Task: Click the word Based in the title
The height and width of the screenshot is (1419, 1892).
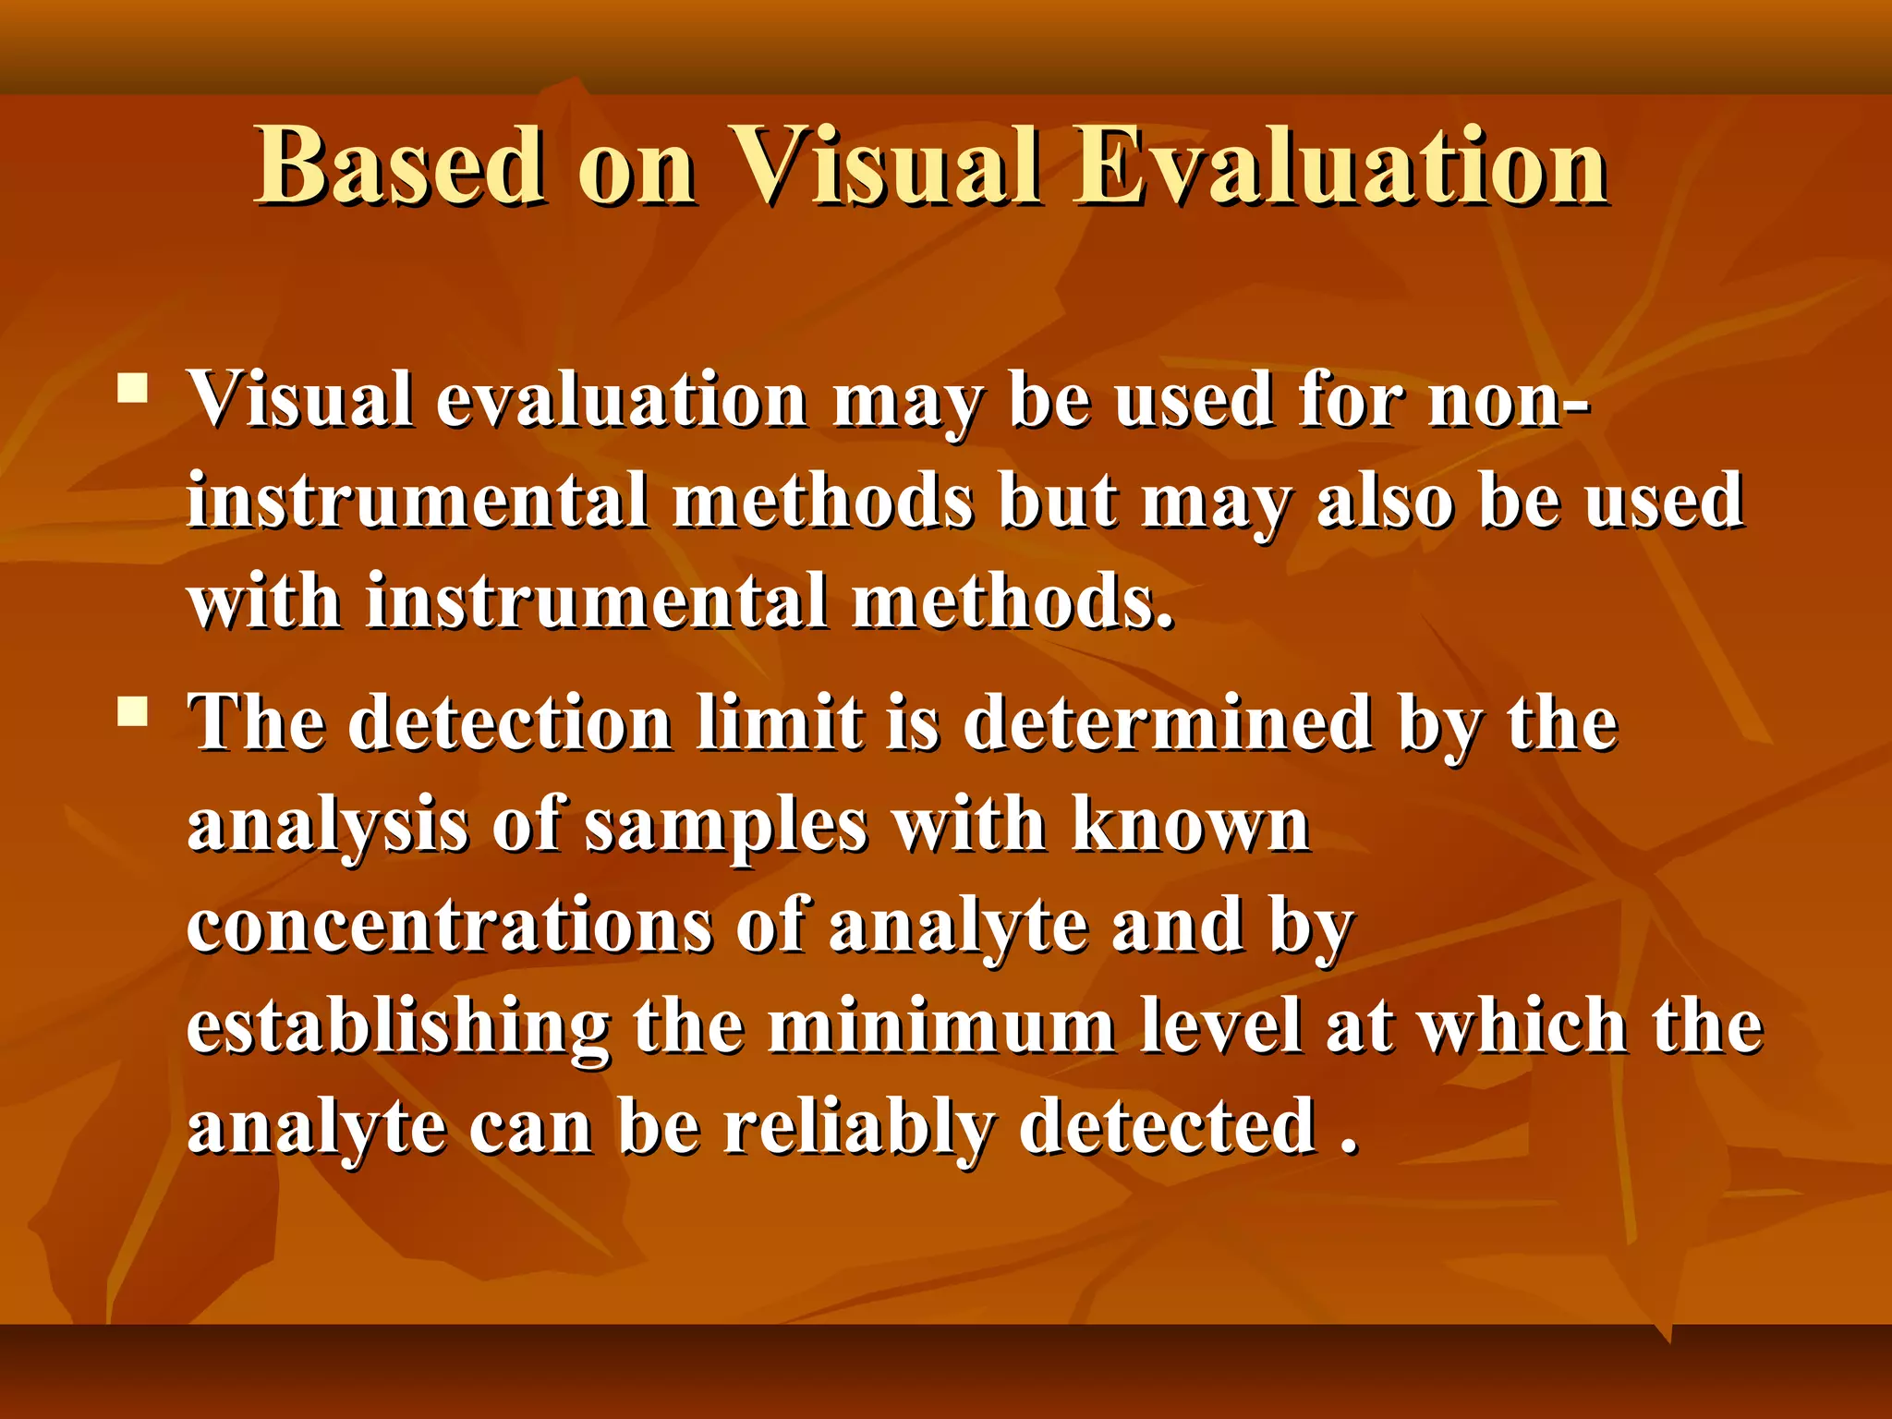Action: [x=399, y=166]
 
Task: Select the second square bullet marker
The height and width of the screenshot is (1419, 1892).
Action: [x=133, y=711]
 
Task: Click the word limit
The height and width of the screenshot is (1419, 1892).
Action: [x=781, y=723]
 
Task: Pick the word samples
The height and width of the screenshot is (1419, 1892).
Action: [x=726, y=825]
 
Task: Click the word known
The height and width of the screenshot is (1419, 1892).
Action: [x=1191, y=825]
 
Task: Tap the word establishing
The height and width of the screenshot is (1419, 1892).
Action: [x=397, y=1028]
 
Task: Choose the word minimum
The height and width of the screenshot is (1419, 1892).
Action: [x=941, y=1028]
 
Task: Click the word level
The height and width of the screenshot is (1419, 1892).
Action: [x=1219, y=1028]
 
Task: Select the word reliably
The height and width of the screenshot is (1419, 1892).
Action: [x=858, y=1129]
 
